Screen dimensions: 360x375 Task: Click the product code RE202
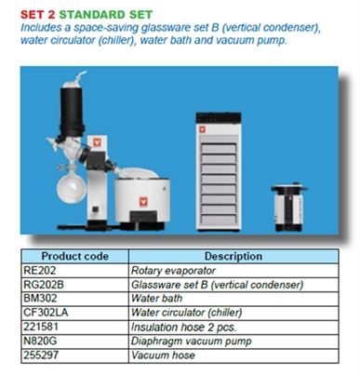click(x=40, y=271)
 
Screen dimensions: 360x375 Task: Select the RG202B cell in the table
click(x=44, y=285)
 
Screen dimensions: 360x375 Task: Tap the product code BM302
click(x=40, y=299)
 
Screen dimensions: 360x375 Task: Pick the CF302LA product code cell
click(x=46, y=313)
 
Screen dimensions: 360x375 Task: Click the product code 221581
click(x=41, y=327)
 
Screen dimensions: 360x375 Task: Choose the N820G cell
click(x=40, y=341)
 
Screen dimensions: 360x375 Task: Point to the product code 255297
click(x=41, y=355)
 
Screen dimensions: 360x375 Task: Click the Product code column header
click(x=74, y=256)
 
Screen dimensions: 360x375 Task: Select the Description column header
click(x=233, y=256)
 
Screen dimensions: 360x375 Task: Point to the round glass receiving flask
click(x=72, y=187)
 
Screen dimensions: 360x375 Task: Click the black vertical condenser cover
click(x=72, y=112)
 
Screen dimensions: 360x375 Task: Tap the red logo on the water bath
click(x=143, y=202)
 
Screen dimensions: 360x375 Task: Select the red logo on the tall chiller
click(x=203, y=128)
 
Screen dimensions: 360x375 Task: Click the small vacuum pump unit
click(x=288, y=207)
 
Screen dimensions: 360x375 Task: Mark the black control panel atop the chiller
click(x=219, y=117)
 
